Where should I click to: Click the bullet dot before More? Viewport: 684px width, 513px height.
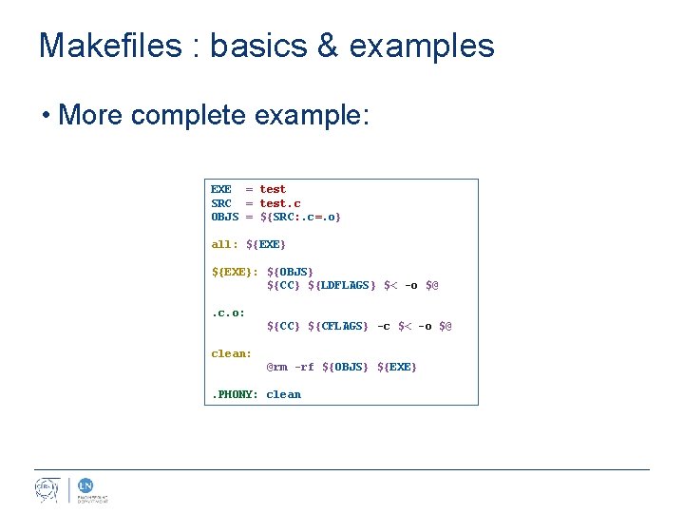45,117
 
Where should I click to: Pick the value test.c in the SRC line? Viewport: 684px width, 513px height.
280,203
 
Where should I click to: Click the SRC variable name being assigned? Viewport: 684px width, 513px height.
221,203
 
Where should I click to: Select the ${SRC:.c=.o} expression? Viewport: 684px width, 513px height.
300,217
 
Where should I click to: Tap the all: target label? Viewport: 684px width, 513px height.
225,244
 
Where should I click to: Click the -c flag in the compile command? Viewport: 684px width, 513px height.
383,326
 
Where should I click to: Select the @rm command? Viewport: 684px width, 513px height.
276,367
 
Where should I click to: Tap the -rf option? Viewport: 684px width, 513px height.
304,367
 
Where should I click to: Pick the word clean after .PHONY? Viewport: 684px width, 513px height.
283,394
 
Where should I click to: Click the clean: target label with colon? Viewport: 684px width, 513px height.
232,353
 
